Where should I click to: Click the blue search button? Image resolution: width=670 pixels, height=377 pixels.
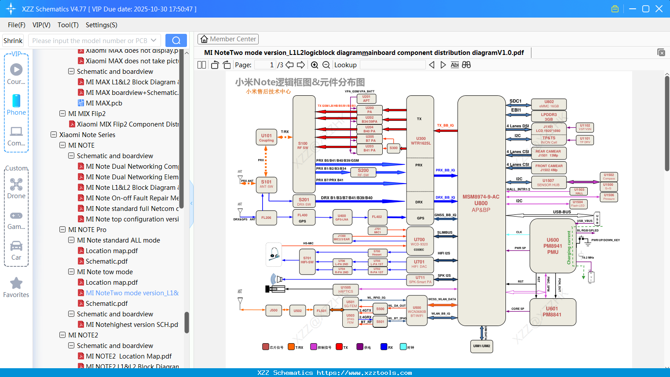[x=176, y=40]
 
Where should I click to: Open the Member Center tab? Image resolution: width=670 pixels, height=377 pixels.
[x=228, y=39]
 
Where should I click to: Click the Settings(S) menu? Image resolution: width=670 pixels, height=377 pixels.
[x=101, y=25]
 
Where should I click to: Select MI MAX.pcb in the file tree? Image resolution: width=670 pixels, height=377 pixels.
[x=104, y=103]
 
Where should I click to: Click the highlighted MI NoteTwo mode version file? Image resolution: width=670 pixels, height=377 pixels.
[x=132, y=293]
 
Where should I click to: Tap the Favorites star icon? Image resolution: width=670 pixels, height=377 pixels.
[x=16, y=283]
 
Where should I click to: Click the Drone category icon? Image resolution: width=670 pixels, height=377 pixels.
[x=16, y=185]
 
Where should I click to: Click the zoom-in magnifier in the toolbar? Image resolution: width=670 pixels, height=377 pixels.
[x=315, y=65]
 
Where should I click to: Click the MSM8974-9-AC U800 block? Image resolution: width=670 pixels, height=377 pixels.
[x=481, y=203]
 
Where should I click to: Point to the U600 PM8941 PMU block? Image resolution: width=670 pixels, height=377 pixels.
[x=553, y=246]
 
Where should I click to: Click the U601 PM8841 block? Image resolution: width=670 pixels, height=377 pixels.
[x=552, y=312]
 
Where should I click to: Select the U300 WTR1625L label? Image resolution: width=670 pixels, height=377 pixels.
[x=421, y=141]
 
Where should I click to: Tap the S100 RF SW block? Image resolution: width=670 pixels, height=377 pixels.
[x=303, y=145]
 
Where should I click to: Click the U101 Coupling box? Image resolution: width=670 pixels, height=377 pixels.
[x=266, y=138]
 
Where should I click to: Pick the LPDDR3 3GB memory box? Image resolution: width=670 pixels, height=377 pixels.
[x=549, y=117]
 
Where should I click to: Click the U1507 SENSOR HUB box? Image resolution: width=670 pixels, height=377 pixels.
[x=548, y=182]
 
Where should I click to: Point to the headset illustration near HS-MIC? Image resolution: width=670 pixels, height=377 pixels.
[x=274, y=254]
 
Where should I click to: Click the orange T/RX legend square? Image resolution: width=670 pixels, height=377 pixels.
[x=291, y=347]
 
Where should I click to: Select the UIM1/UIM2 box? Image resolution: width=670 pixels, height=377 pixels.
[x=481, y=346]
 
